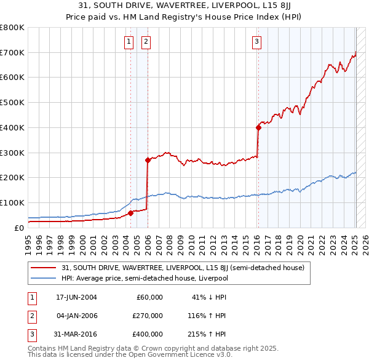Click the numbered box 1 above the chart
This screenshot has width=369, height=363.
(129, 42)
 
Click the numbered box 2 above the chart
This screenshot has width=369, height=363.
(146, 42)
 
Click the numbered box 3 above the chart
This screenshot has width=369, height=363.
(256, 42)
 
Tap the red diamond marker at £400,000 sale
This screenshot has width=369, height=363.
(258, 127)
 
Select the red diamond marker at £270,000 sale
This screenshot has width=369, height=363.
(148, 160)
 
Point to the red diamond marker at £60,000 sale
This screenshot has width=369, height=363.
(131, 213)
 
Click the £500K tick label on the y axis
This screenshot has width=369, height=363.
(12, 103)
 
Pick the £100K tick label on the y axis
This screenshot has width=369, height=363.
(12, 202)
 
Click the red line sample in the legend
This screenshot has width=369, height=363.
(43, 268)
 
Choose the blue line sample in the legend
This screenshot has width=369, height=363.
(43, 278)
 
